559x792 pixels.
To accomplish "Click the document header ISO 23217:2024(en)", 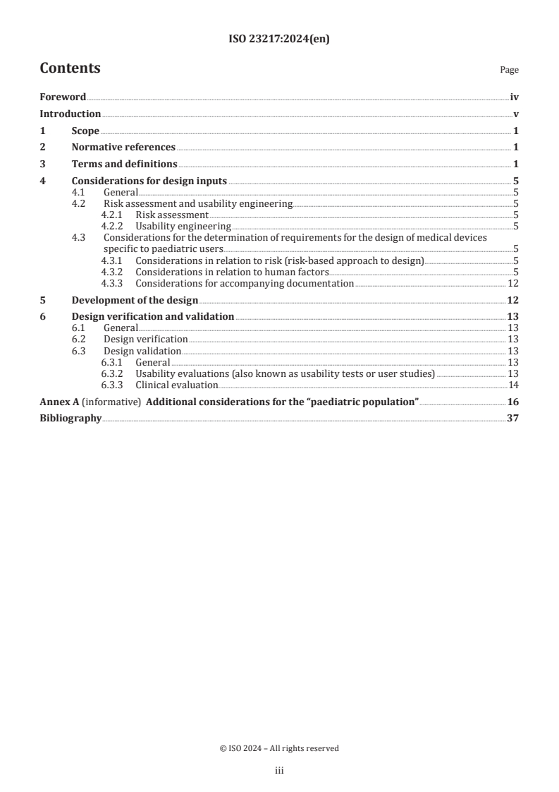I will point(279,40).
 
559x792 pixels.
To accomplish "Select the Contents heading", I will point(70,68).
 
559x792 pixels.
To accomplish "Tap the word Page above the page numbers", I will point(509,70).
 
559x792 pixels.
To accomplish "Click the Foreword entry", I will point(63,97).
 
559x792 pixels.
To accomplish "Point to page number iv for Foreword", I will point(515,97).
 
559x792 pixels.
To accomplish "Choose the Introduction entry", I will point(70,114).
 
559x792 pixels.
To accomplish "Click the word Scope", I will point(85,131).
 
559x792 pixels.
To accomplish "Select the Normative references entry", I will point(123,147).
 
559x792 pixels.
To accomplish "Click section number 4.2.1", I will point(113,215).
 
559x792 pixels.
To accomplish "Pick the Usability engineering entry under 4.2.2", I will point(183,226).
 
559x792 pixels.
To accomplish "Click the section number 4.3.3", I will point(113,283).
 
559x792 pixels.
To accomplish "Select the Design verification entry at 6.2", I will point(145,340).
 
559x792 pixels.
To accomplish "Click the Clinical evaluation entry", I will point(176,385).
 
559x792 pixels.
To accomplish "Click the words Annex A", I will point(59,402).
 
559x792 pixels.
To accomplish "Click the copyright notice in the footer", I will point(279,748).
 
